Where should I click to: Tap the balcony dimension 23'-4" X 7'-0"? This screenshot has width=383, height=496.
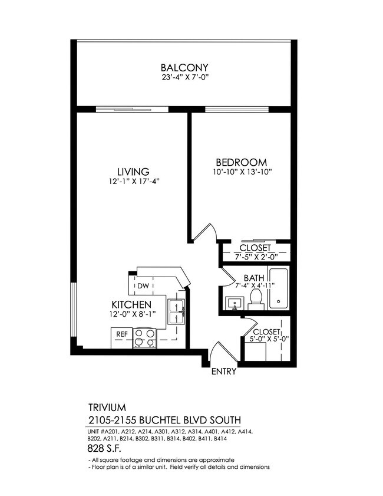[x=185, y=78]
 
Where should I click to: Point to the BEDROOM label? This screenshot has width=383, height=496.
[x=241, y=162]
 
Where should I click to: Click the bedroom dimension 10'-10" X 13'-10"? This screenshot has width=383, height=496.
[x=241, y=172]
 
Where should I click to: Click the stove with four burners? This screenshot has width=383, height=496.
[x=144, y=338]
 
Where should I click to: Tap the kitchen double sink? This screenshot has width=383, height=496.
[x=176, y=311]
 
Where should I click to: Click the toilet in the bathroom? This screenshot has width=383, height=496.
[x=256, y=298]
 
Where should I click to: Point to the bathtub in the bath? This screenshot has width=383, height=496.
[x=279, y=289]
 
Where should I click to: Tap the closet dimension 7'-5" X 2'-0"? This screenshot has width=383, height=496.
[x=255, y=257]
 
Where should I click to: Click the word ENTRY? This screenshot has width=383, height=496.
[x=223, y=372]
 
